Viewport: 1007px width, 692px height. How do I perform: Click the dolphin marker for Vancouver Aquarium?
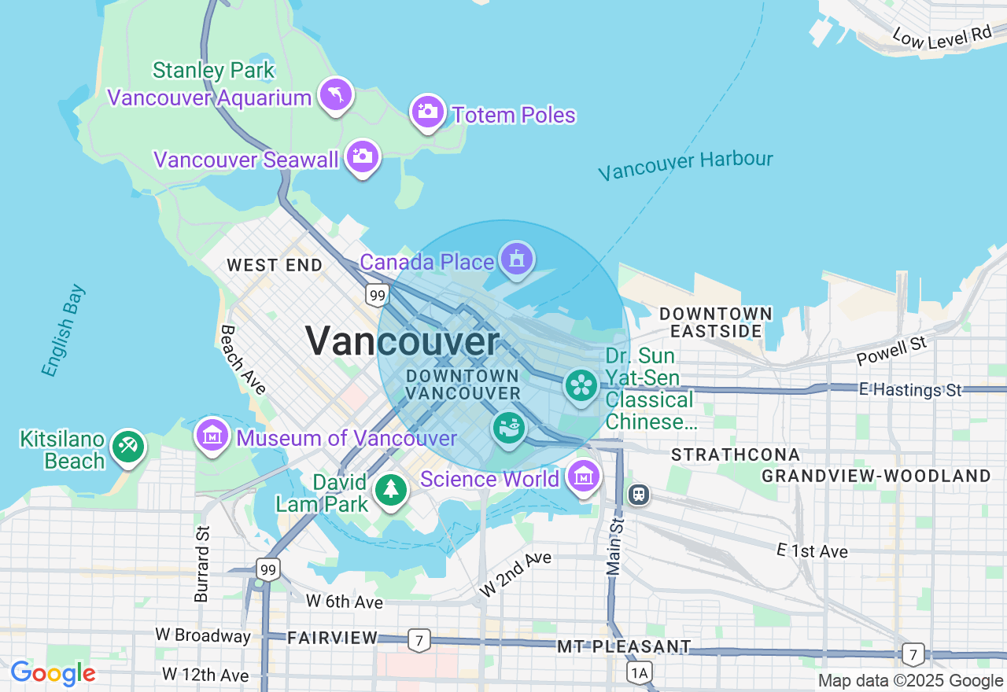point(336,95)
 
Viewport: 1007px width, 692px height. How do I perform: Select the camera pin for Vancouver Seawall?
point(362,156)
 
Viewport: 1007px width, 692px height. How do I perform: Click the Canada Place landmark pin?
point(516,259)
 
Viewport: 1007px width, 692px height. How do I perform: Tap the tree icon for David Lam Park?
point(390,490)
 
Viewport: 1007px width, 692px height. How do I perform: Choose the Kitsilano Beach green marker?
point(127,447)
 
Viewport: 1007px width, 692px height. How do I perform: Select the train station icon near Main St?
point(639,494)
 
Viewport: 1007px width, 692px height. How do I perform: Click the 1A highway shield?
point(640,672)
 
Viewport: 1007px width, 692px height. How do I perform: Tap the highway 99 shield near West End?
point(377,295)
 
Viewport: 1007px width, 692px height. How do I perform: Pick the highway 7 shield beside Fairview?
point(419,640)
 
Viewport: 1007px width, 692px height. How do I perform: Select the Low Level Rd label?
point(942,35)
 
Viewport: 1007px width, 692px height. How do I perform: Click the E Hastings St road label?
point(910,390)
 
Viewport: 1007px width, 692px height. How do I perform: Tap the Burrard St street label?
point(202,563)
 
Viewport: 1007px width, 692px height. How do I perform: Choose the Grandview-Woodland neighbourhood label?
point(876,476)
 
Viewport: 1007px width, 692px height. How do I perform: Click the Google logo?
point(53,673)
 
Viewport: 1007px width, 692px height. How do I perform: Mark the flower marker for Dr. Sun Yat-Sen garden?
point(581,385)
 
